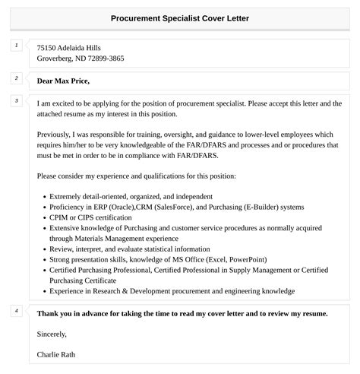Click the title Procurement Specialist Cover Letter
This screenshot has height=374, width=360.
pos(179,17)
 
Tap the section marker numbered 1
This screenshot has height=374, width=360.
pos(17,46)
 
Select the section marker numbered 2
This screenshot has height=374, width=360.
pos(17,78)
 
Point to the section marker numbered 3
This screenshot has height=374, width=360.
pos(17,100)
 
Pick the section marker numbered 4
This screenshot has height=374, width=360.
pos(17,311)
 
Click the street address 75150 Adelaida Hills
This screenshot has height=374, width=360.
pos(68,47)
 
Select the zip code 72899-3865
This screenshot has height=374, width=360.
pos(105,58)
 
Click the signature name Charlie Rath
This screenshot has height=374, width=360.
pos(55,354)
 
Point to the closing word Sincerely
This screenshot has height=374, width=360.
pos(52,334)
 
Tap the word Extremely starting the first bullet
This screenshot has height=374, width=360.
pos(67,196)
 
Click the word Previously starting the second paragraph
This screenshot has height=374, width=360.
pos(56,133)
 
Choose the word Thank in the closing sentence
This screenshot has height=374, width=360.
pos(47,312)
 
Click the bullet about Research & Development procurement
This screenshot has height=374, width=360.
pos(172,290)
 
